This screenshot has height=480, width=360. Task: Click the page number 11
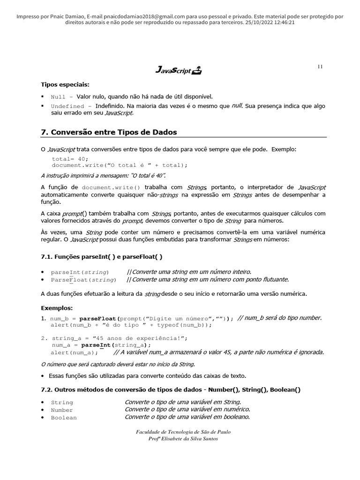click(320, 67)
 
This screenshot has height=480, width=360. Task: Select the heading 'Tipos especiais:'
click(65, 84)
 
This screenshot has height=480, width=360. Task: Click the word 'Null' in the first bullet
click(58, 97)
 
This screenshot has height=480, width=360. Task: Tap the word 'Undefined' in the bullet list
click(67, 106)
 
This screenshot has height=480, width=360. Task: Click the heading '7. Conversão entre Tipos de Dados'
click(109, 132)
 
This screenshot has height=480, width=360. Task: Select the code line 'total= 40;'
click(70, 159)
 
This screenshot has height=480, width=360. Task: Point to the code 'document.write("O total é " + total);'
click(120, 165)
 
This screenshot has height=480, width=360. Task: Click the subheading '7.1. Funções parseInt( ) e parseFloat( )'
click(102, 256)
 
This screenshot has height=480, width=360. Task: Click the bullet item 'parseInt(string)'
click(80, 272)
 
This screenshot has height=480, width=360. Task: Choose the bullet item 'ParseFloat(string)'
click(83, 280)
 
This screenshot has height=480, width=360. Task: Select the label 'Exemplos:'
click(57, 308)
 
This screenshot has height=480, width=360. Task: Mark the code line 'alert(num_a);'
click(75, 352)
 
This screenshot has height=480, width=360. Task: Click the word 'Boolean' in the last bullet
click(64, 418)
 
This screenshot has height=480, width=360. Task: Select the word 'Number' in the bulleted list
click(62, 410)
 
